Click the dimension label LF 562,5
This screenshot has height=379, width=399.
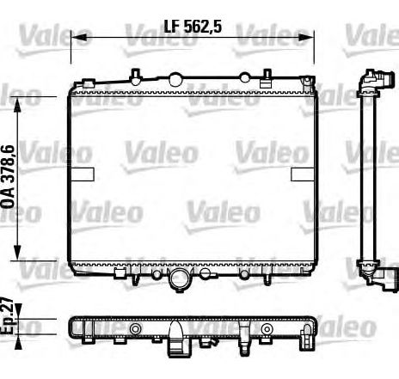(193, 27)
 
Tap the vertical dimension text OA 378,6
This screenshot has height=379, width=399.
(8, 176)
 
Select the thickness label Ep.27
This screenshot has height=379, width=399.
(7, 316)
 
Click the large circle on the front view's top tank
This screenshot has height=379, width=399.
(175, 79)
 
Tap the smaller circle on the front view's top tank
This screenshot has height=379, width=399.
(245, 77)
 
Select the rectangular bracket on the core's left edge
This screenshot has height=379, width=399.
(83, 174)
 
